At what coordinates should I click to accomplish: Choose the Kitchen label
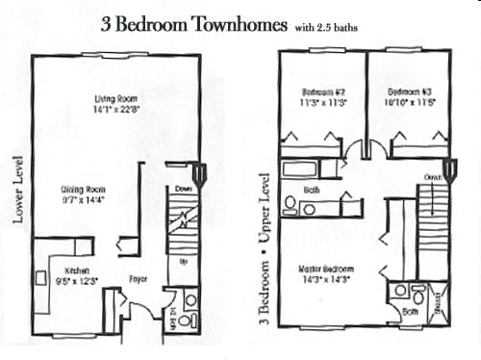click(77, 270)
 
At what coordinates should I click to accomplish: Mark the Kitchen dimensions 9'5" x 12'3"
click(78, 281)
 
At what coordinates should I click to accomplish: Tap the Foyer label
click(139, 280)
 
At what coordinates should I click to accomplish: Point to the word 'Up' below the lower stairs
click(183, 260)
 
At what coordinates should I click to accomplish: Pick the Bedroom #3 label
click(409, 93)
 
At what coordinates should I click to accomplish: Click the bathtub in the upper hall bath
click(300, 169)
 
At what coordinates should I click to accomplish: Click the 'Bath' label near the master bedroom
click(411, 312)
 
